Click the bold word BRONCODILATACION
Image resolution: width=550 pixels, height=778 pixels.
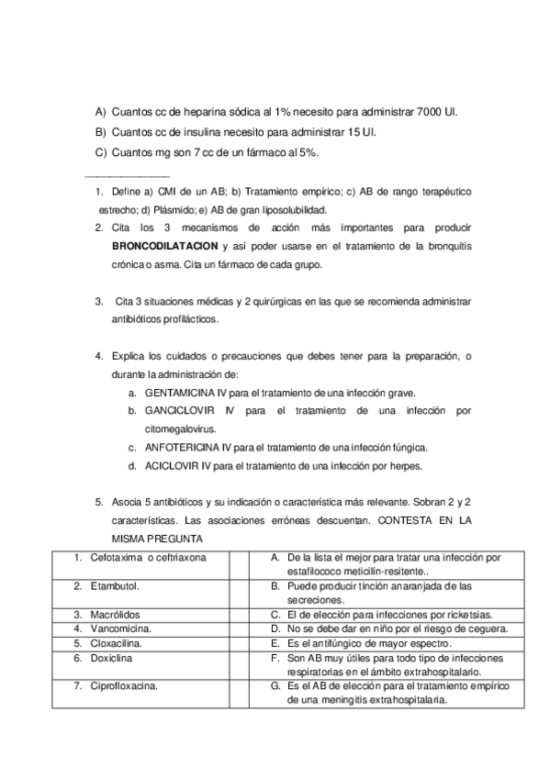164,246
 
